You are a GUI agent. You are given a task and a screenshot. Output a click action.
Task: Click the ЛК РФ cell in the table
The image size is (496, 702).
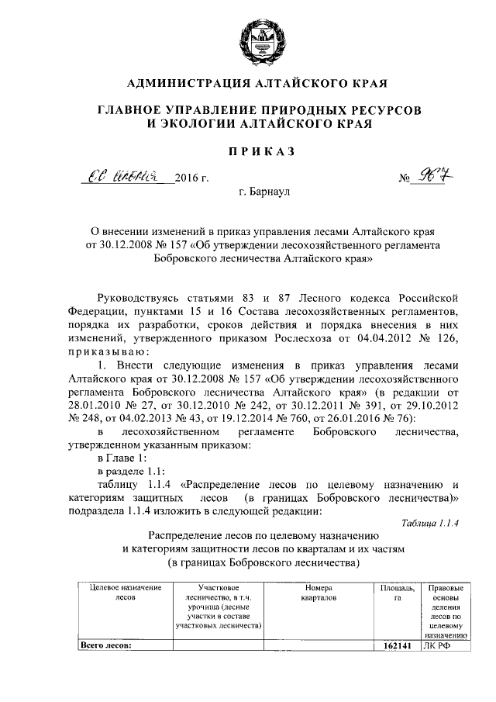436,645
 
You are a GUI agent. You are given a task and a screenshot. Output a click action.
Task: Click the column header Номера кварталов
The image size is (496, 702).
318,593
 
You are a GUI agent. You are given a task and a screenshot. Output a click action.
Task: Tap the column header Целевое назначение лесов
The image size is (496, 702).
125,593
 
